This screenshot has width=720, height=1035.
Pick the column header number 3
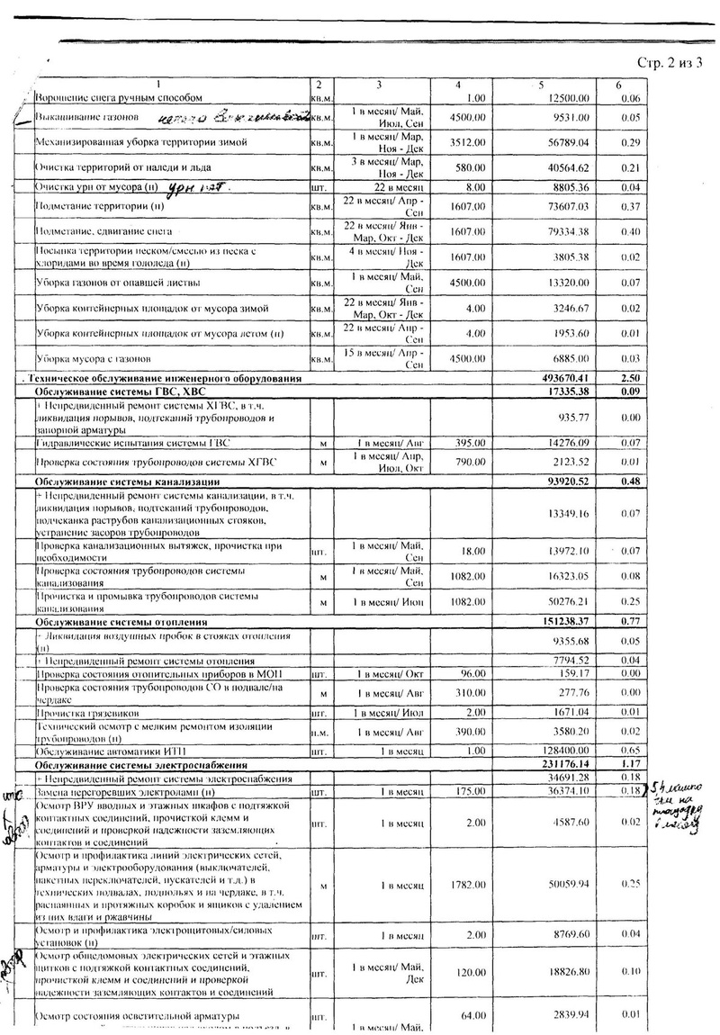click(380, 85)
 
